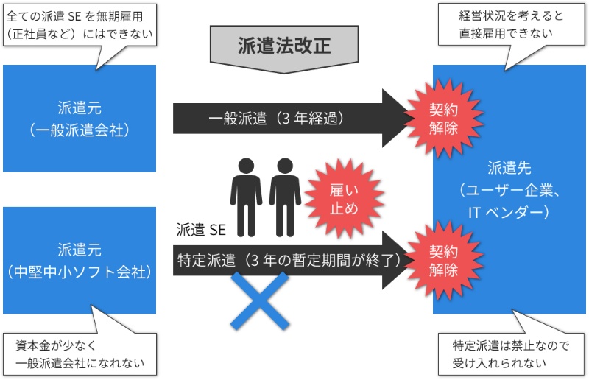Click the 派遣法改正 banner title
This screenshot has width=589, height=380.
(284, 45)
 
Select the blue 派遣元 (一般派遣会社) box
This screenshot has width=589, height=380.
(80, 119)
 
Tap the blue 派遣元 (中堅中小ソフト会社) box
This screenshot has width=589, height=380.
(80, 261)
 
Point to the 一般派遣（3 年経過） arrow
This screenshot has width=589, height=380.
(280, 117)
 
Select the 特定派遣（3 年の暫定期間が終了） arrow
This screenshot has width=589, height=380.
(287, 259)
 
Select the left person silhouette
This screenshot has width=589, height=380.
(247, 190)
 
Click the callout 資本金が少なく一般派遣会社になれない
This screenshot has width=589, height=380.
(80, 354)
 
